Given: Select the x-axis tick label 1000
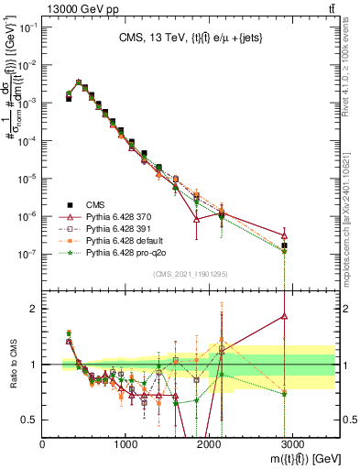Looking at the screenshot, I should [125, 444].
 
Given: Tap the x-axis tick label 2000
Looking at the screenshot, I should [209, 444].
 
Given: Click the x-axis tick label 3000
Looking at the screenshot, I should [292, 444].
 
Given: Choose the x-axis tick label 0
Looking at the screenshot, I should [43, 444].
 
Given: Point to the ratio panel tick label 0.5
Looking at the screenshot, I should [30, 420].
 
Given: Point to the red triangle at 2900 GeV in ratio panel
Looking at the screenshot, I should [285, 316].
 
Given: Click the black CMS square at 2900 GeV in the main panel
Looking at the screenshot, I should [285, 245].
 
